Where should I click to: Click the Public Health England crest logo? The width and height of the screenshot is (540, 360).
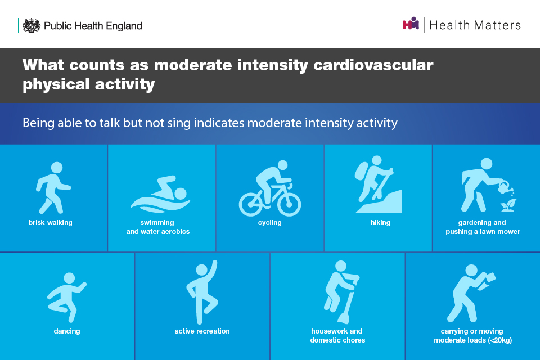pos(31,25)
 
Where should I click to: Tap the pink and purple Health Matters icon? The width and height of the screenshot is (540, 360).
pos(411,24)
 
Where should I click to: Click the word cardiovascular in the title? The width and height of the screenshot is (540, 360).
pos(373,65)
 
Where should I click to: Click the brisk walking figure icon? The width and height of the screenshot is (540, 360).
pos(53,188)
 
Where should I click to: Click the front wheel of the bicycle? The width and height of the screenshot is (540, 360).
pos(289,204)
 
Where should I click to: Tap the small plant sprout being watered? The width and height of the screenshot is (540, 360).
pos(508,205)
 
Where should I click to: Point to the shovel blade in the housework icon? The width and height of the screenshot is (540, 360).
pos(344,318)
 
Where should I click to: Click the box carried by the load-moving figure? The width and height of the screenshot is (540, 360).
pos(487,281)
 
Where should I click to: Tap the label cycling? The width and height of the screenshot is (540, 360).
pos(269,223)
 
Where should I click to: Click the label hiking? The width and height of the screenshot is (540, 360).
pos(380,223)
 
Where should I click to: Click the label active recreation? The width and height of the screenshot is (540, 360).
pos(202,331)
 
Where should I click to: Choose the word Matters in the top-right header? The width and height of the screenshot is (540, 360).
pos(497,25)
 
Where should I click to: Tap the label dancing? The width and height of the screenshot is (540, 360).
pos(67,331)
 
